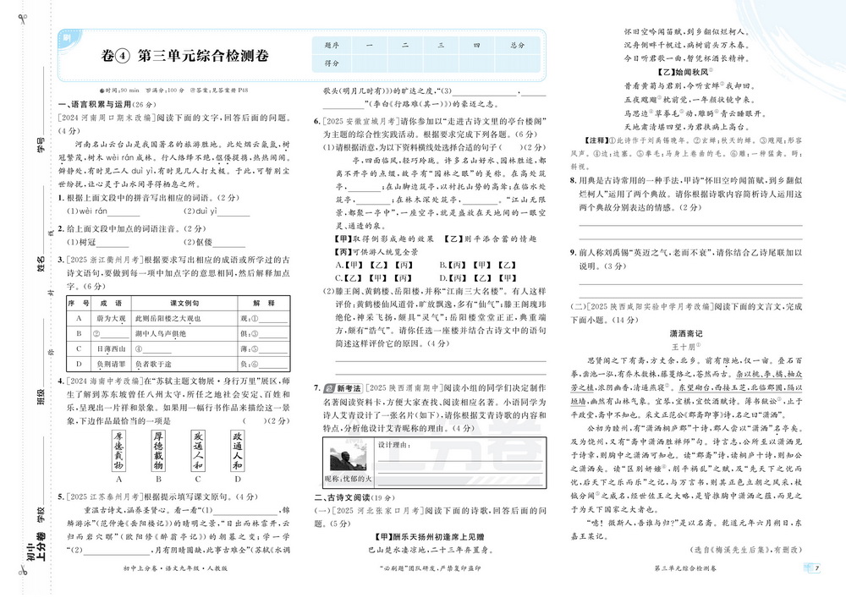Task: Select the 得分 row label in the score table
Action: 332,63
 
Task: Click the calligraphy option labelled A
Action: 118,451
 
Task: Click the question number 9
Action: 572,252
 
